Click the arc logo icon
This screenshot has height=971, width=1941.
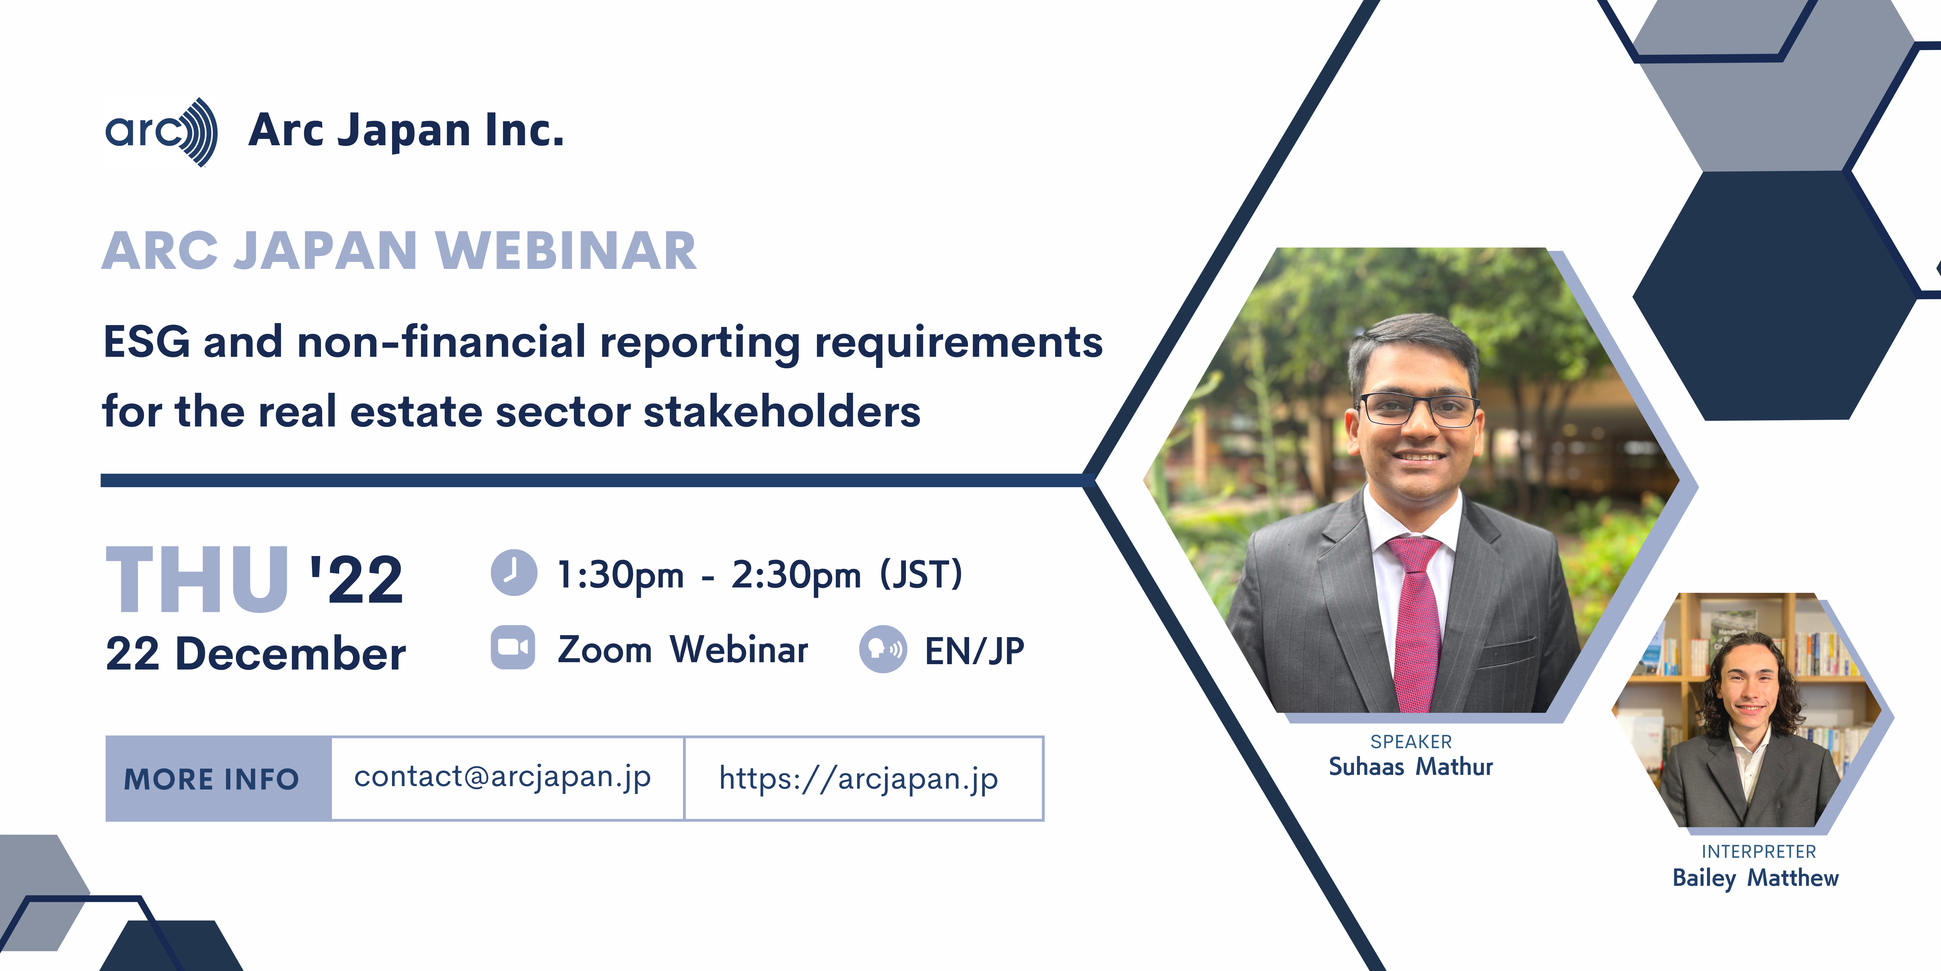(161, 132)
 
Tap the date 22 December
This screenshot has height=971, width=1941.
(256, 654)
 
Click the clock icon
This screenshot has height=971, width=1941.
(514, 573)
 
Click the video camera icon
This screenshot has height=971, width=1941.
(513, 648)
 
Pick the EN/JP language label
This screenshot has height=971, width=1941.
(974, 651)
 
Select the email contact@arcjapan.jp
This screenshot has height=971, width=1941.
(503, 777)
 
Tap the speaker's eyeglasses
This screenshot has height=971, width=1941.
(1419, 409)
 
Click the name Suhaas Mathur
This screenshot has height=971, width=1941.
(1411, 767)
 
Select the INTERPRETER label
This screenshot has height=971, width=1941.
(1759, 852)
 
